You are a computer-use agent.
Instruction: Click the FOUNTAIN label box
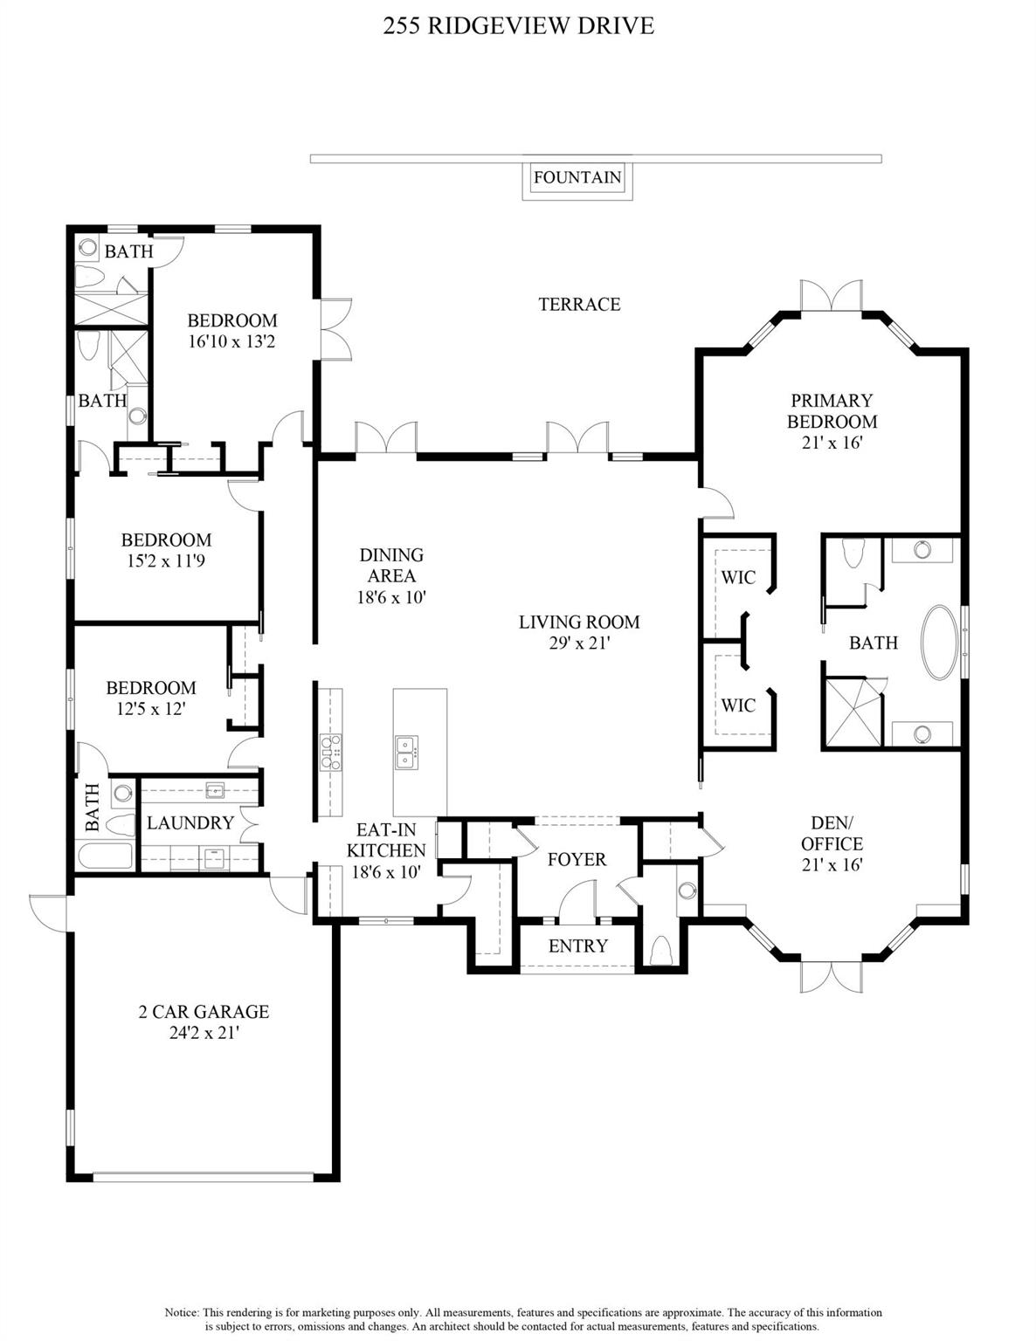point(577,177)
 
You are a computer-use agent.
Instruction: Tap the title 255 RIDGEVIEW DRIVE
point(518,26)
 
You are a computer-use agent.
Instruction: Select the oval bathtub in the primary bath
point(941,643)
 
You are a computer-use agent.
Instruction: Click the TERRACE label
point(579,304)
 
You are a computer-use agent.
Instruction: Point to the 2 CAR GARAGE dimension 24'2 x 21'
point(204,1033)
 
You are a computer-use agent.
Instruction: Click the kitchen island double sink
point(406,752)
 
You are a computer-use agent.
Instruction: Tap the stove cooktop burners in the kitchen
point(331,753)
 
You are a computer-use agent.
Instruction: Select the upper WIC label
point(738,577)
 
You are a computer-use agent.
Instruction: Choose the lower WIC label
point(738,705)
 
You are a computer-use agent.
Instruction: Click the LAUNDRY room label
point(190,822)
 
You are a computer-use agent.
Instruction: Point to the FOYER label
point(577,859)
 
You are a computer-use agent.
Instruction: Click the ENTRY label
point(577,946)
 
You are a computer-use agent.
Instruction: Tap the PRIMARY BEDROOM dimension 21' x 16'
point(832,443)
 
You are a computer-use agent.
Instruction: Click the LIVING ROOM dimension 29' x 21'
point(579,643)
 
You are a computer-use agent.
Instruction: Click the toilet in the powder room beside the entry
point(661,949)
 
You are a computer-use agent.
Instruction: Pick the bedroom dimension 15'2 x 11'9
point(166,561)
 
